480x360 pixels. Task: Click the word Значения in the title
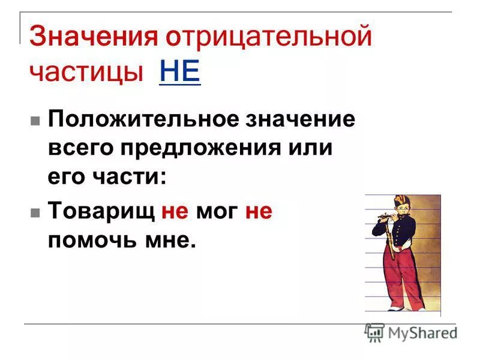click(x=93, y=37)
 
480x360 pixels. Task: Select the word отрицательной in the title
click(x=269, y=37)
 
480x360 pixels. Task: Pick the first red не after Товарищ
click(x=175, y=211)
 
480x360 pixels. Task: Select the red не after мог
click(x=259, y=211)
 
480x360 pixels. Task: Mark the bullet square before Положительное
click(x=35, y=119)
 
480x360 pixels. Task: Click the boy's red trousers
click(x=398, y=276)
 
